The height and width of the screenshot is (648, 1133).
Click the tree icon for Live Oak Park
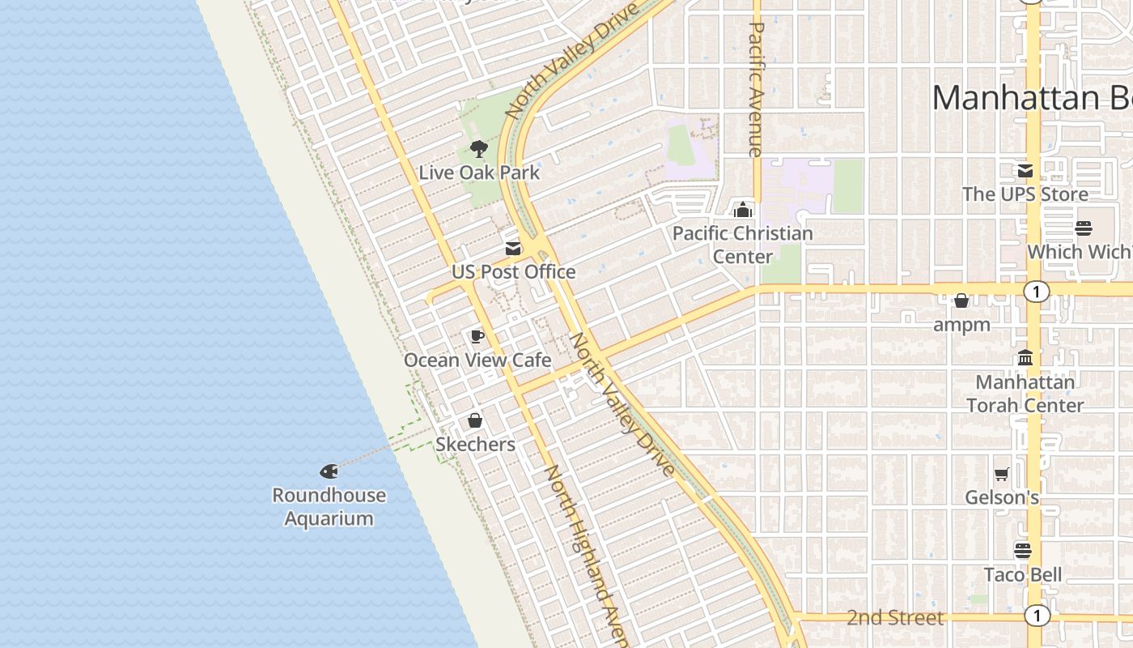point(478,149)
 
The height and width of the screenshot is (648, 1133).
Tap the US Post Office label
point(513,272)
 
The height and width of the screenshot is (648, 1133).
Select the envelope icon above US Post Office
point(513,248)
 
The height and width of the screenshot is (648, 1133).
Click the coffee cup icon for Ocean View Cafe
point(477,336)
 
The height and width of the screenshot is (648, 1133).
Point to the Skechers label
point(475,444)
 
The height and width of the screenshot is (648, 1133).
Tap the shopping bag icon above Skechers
point(475,420)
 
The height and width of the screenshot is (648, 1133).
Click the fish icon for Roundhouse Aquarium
point(329,471)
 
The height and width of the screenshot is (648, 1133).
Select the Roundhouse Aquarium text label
point(329,506)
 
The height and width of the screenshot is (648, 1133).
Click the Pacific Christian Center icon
point(742,210)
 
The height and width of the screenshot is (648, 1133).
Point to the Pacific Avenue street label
point(756,89)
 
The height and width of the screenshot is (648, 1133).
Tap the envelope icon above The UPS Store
point(1025,171)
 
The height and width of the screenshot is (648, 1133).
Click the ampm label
point(961,325)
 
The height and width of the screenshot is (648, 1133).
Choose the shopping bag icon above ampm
point(961,301)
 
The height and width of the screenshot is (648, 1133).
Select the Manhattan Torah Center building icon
point(1025,357)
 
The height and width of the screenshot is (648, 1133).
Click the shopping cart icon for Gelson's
point(1002,474)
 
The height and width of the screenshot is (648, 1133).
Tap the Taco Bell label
point(1023,575)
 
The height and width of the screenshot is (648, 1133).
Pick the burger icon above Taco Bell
point(1023,551)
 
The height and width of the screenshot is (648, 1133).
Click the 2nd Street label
point(895,618)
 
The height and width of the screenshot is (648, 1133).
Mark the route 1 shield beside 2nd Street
point(1036,616)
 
